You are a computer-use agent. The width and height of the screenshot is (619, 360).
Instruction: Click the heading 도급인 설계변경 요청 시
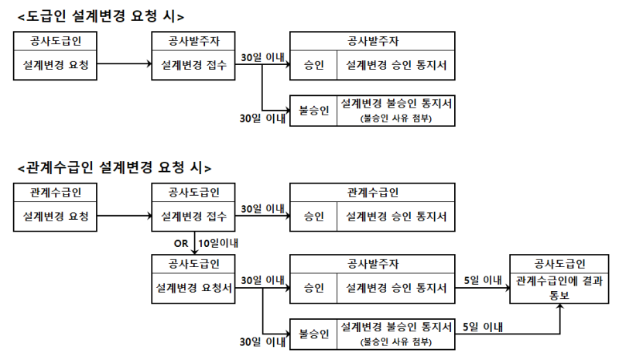point(101,16)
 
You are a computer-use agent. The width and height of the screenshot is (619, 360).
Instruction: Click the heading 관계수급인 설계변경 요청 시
point(115,167)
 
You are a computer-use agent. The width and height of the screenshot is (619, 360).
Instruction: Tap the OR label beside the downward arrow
point(181,243)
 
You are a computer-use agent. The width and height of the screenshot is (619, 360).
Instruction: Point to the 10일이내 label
point(218,243)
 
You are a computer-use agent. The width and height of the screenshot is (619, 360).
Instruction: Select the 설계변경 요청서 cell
point(193,288)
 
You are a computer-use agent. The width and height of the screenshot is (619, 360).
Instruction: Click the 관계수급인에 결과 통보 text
point(559,288)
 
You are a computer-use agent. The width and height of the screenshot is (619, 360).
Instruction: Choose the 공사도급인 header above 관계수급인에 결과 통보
point(559,264)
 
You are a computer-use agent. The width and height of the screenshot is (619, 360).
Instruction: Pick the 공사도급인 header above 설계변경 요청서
point(193,264)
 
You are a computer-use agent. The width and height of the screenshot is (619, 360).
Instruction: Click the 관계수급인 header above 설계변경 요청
point(55,193)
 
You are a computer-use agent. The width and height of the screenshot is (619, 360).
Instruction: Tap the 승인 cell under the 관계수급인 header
point(313,217)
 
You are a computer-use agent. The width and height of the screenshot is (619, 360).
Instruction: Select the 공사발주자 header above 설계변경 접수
point(193,41)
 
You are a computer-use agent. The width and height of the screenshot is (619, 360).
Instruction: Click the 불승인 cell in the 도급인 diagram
point(313,110)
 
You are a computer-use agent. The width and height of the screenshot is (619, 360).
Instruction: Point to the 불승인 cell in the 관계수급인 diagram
point(313,334)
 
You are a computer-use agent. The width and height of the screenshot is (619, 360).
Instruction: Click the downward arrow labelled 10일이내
point(194,242)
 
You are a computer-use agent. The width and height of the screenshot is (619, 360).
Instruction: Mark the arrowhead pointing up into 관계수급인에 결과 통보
point(559,307)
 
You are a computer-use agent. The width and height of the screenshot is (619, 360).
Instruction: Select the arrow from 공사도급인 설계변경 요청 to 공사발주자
point(125,63)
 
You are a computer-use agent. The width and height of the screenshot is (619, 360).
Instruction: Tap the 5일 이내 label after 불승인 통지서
point(482,327)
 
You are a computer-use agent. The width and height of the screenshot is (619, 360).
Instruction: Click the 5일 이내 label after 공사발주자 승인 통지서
point(482,280)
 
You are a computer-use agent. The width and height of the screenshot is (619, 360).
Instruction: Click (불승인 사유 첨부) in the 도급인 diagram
point(395,118)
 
